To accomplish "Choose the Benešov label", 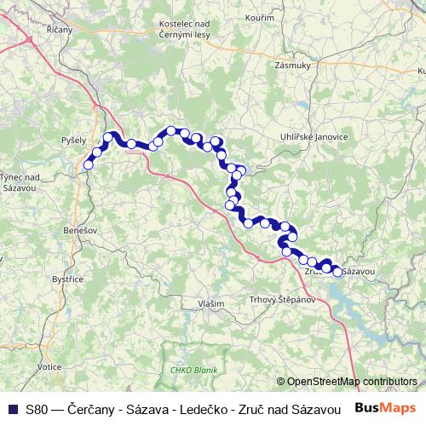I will pyautogui.click(x=82, y=231).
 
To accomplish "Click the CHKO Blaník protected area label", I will pyautogui.click(x=194, y=369).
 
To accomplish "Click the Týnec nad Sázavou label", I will pyautogui.click(x=18, y=181).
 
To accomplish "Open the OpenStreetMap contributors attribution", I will pyautogui.click(x=351, y=381).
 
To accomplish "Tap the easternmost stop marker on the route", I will pyautogui.click(x=337, y=272).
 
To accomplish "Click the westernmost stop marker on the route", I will pyautogui.click(x=88, y=164).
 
